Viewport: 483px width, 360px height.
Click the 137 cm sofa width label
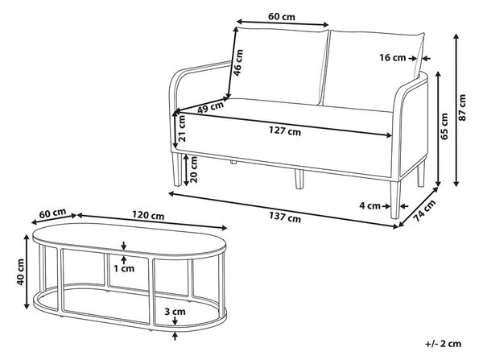285,217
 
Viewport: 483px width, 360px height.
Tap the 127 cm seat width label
285,131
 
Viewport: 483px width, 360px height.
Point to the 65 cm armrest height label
444,126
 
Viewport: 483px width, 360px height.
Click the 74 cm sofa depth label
424,210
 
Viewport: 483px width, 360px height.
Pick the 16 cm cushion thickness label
393,57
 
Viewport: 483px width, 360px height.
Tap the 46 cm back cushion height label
238,63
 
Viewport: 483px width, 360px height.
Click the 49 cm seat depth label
211,107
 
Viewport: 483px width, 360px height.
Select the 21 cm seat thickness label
182,128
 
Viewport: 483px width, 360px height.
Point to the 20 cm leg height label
193,169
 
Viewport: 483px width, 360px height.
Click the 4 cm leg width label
369,205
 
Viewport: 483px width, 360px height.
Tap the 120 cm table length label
148,215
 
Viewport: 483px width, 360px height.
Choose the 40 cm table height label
20,272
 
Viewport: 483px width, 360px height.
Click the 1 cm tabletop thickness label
124,268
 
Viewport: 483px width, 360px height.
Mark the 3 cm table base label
175,312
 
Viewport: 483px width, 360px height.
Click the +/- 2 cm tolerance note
444,344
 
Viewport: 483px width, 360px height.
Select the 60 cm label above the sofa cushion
282,16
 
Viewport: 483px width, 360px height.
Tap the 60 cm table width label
52,213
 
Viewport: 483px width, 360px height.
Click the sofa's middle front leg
299,179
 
